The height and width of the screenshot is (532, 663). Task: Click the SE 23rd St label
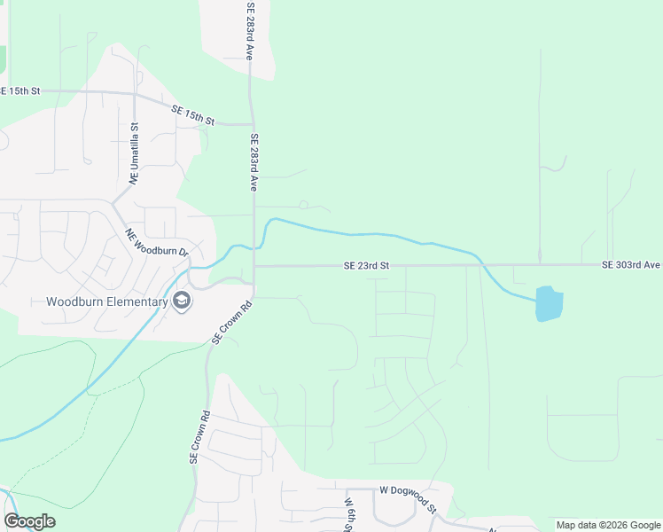pyautogui.click(x=367, y=265)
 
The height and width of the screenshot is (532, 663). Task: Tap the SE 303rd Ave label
pyautogui.click(x=631, y=265)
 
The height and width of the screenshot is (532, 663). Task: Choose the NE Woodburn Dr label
pyautogui.click(x=157, y=244)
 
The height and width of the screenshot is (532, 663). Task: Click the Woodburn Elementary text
pyautogui.click(x=107, y=301)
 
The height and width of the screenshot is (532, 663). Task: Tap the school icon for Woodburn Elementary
pyautogui.click(x=182, y=301)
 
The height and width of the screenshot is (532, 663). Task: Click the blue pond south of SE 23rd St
pyautogui.click(x=549, y=303)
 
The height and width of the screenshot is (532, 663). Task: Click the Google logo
pyautogui.click(x=29, y=520)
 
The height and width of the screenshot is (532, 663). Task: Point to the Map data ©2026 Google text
pyautogui.click(x=607, y=525)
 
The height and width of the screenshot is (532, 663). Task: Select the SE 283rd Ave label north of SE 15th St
pyautogui.click(x=251, y=31)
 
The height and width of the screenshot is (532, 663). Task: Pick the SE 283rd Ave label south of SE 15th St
pyautogui.click(x=253, y=163)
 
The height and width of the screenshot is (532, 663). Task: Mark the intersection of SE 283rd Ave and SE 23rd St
pyautogui.click(x=254, y=265)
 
